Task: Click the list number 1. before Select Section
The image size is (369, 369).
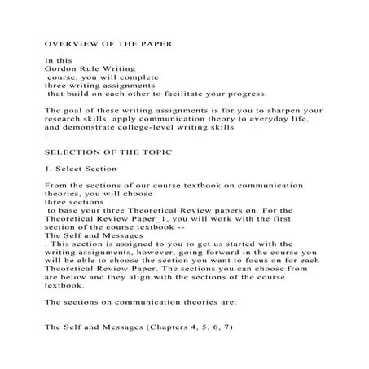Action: point(48,172)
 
